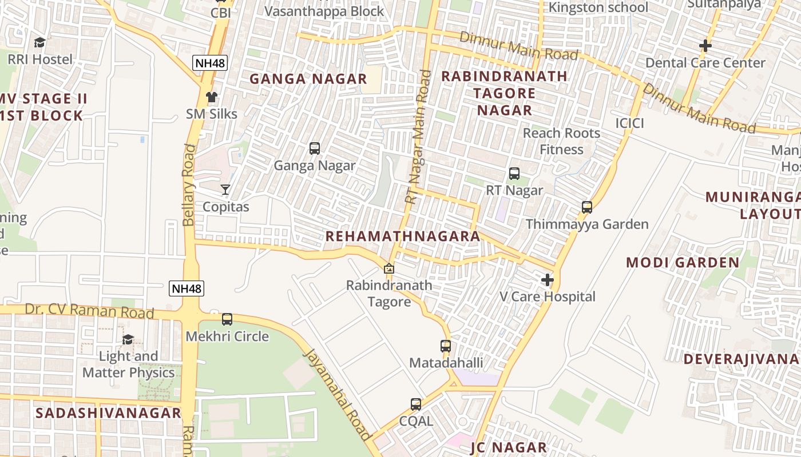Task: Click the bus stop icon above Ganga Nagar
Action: tap(315, 149)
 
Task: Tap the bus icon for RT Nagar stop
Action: tap(514, 174)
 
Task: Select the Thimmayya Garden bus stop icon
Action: tap(587, 207)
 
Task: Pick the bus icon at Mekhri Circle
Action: tap(227, 319)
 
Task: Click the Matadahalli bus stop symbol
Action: tap(446, 346)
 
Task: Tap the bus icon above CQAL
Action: tap(416, 404)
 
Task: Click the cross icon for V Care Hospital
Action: tap(548, 280)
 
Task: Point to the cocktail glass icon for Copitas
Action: tap(226, 190)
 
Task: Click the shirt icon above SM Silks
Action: tap(212, 97)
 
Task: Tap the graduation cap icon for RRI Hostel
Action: tap(39, 43)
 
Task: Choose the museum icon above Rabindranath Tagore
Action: tap(389, 268)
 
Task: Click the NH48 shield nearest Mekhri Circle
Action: tap(187, 288)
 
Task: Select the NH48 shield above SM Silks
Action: tap(210, 63)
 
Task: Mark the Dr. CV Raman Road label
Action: tap(89, 312)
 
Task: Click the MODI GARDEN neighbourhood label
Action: tap(683, 263)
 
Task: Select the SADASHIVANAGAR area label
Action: tap(108, 413)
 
